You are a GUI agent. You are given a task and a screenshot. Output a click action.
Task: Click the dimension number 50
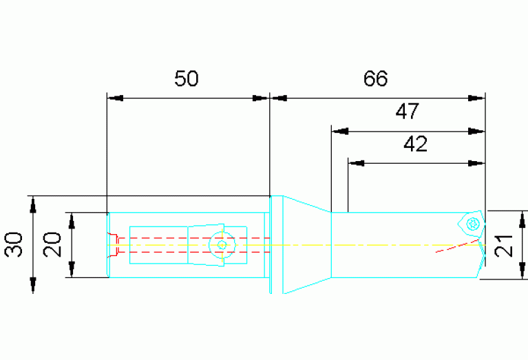[187, 78]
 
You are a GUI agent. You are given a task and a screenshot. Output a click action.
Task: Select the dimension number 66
[375, 78]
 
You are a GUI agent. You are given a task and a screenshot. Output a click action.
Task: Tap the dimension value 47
[407, 112]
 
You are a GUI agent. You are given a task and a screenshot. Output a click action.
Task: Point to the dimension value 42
[416, 144]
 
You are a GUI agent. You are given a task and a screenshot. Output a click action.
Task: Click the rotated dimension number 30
[14, 244]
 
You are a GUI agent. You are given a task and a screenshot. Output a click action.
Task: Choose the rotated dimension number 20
[52, 244]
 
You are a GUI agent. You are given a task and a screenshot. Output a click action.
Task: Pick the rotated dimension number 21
[504, 246]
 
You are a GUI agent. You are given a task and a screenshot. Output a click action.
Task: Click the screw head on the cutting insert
[473, 224]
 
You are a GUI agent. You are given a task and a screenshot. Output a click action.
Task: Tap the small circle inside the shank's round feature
[222, 245]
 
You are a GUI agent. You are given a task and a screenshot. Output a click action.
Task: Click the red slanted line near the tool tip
[457, 246]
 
